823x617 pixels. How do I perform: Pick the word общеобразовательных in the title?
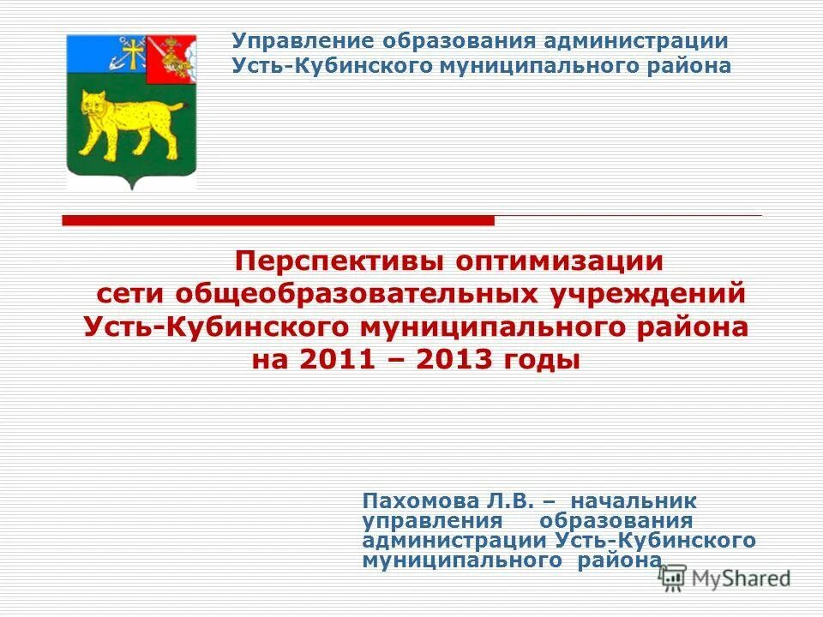click(x=359, y=294)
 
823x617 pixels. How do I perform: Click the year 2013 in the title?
click(x=455, y=360)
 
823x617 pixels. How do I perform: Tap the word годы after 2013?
click(x=544, y=361)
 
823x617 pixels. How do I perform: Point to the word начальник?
click(x=634, y=500)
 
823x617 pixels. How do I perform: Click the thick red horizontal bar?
click(x=279, y=221)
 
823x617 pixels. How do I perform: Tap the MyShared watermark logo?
click(x=725, y=578)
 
